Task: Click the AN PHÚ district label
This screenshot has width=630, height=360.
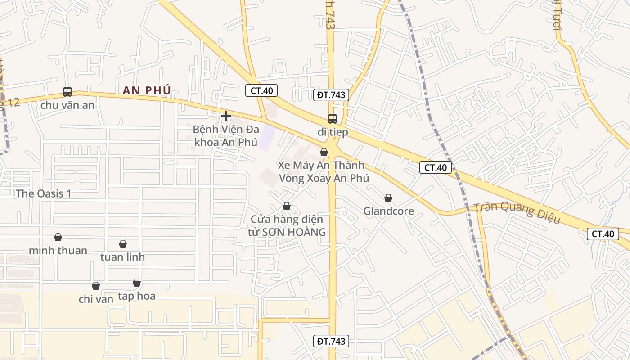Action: click(x=147, y=90)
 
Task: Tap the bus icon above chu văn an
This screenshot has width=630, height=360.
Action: click(x=67, y=92)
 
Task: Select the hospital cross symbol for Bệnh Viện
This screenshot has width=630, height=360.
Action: click(x=226, y=116)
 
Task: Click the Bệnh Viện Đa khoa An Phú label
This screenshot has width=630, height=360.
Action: click(x=226, y=136)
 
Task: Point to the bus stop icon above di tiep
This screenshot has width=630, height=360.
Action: click(x=333, y=119)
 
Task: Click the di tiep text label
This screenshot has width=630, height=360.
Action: click(x=333, y=132)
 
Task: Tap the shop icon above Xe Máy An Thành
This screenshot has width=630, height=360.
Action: click(x=324, y=152)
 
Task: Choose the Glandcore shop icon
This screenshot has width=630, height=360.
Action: click(x=388, y=198)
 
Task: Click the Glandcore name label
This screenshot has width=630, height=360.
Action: click(x=388, y=211)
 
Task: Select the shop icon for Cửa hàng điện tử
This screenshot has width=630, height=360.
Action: click(x=287, y=206)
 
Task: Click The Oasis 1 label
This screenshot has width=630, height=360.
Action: click(x=44, y=194)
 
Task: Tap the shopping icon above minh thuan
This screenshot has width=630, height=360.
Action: click(x=58, y=237)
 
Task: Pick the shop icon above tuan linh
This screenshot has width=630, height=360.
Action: click(x=123, y=244)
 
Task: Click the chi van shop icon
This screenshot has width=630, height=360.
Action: click(x=96, y=286)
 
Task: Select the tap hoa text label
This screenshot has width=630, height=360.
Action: click(x=137, y=296)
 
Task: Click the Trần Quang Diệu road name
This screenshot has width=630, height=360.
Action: click(x=517, y=213)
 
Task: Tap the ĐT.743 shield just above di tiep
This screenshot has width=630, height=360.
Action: click(x=331, y=95)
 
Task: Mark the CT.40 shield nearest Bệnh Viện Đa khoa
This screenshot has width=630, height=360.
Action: click(x=261, y=90)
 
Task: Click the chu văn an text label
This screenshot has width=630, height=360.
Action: click(x=67, y=105)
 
